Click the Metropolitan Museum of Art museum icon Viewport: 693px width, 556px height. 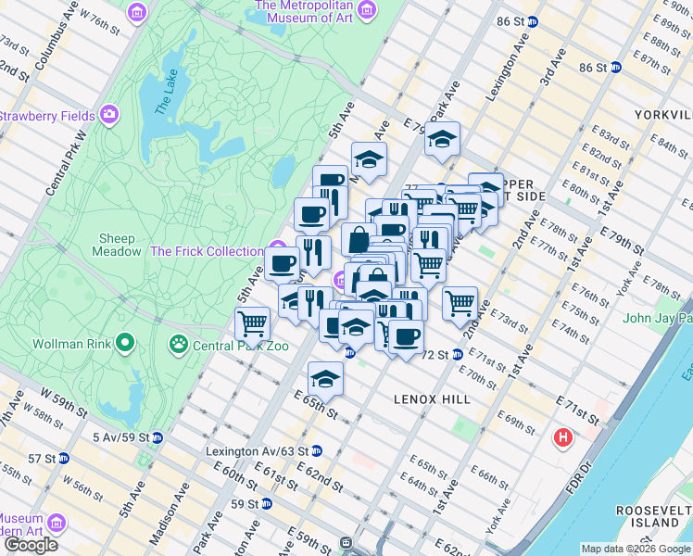tap(367, 11)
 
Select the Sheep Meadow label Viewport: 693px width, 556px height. tap(117, 245)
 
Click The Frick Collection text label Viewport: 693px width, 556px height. tap(206, 251)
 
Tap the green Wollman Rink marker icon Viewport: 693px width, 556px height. tap(123, 345)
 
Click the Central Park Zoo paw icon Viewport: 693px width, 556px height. tap(178, 346)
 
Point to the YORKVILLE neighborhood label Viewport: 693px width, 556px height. tap(661, 115)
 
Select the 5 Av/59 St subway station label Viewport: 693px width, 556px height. tap(120, 436)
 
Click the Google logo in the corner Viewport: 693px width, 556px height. tap(31, 544)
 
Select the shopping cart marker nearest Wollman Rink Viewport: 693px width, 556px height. tap(252, 323)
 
